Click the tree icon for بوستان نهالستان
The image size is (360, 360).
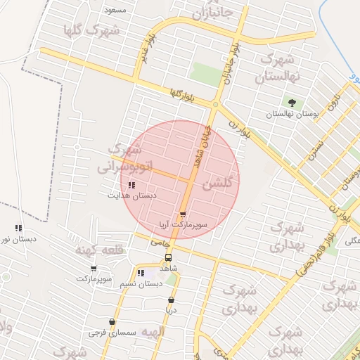[292, 103]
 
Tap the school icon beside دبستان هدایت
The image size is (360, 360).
[131, 185]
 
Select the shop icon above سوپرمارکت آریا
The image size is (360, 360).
[183, 214]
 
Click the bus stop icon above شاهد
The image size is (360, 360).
[167, 257]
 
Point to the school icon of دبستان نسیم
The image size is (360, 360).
[141, 273]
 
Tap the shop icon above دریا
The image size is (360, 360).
[171, 300]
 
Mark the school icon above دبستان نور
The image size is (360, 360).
[18, 228]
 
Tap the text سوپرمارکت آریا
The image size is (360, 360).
[183, 225]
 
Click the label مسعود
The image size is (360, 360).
[115, 10]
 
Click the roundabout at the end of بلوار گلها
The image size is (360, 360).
[216, 104]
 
